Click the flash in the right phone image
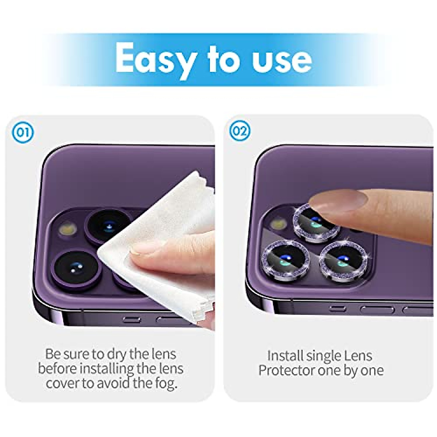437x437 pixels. point(278,223)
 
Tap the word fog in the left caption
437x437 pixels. point(165,383)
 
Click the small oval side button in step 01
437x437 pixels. point(131,320)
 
